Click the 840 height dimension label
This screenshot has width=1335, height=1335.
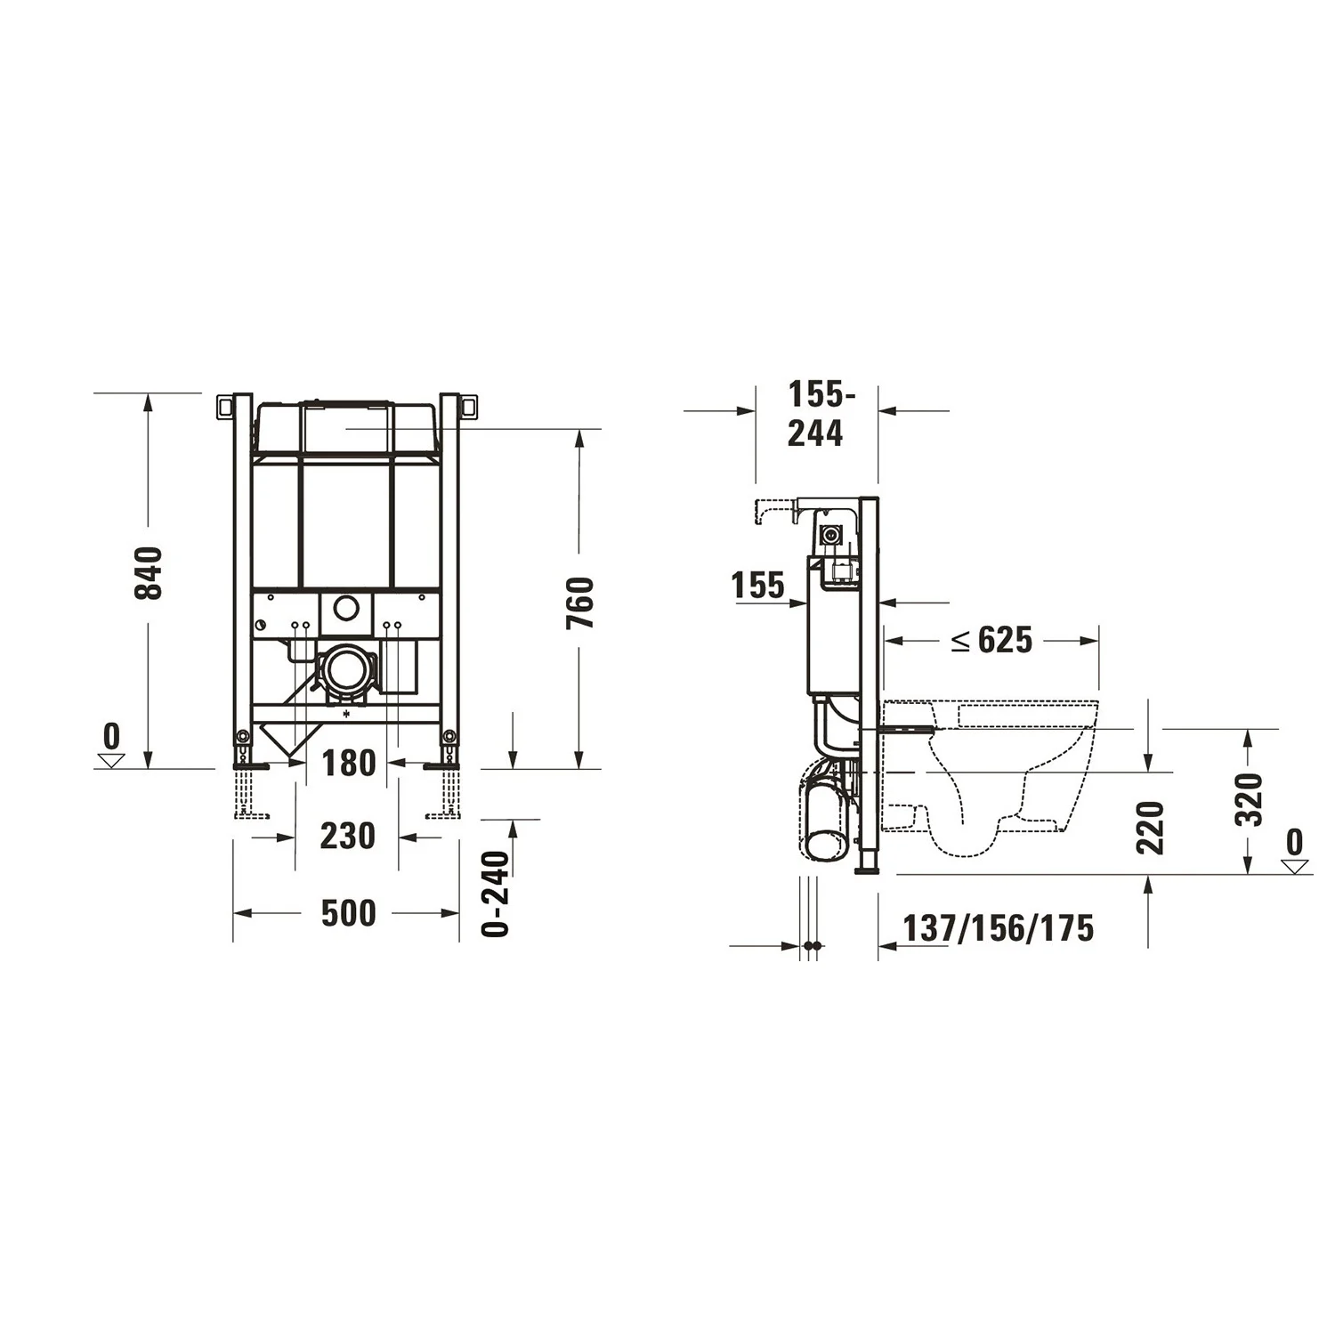click(149, 573)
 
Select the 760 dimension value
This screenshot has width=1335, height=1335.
click(580, 603)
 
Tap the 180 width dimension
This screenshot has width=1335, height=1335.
click(348, 763)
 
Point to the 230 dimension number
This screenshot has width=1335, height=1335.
click(347, 837)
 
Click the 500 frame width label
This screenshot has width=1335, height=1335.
click(348, 913)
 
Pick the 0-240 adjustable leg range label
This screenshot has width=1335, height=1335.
click(496, 894)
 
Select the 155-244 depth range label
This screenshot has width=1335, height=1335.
click(816, 414)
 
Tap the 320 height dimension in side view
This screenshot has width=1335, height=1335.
click(1250, 800)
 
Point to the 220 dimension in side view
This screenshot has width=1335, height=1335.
click(1150, 828)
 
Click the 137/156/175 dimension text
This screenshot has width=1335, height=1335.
click(998, 928)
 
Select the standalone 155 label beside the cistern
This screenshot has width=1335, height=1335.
click(758, 586)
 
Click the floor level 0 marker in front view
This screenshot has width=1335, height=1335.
click(111, 746)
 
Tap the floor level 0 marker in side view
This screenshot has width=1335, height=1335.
click(1295, 851)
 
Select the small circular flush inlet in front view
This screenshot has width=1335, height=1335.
click(345, 610)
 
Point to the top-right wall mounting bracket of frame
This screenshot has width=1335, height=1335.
click(469, 406)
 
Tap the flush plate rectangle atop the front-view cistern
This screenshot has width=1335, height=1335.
click(346, 428)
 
